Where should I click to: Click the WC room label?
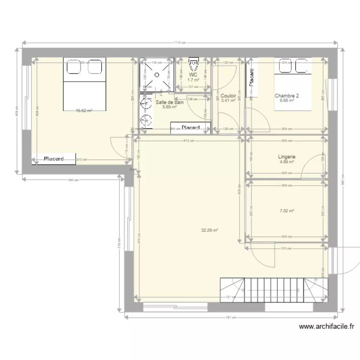(x=193, y=75)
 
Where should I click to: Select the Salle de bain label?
(x=169, y=102)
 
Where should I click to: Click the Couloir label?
(x=228, y=96)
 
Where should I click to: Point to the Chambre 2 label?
(x=287, y=96)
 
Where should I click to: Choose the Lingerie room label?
(x=287, y=156)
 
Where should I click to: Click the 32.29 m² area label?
(x=210, y=230)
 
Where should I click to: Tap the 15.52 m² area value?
(x=84, y=110)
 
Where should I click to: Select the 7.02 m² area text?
(x=287, y=210)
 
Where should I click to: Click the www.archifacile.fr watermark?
(x=326, y=326)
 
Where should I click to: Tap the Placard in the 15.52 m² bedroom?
(x=54, y=159)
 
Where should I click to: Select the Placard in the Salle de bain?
(x=191, y=127)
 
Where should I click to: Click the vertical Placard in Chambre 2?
(x=251, y=77)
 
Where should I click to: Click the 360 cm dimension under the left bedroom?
(x=73, y=180)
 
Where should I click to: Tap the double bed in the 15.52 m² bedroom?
(x=84, y=84)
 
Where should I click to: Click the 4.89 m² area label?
(x=287, y=162)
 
